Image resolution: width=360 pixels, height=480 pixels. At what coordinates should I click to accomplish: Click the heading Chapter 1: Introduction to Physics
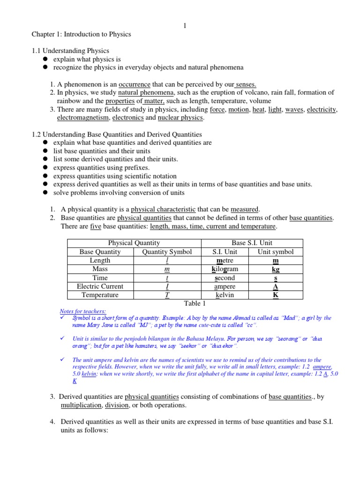(x=81, y=34)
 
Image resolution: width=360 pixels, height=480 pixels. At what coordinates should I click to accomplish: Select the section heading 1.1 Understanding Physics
(x=70, y=51)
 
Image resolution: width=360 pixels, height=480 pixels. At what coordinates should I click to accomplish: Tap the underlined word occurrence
(x=135, y=84)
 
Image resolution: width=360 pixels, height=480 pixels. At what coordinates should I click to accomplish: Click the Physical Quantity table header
(x=134, y=243)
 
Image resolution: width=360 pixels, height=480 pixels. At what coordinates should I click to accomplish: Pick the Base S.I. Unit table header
(x=252, y=243)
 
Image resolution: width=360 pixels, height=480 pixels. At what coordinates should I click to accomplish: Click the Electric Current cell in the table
(x=100, y=286)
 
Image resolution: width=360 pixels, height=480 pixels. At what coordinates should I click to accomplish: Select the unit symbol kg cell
(x=276, y=269)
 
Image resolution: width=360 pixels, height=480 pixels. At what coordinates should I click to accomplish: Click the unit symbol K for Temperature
(x=276, y=295)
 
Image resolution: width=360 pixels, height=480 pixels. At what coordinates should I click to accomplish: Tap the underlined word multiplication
(x=81, y=405)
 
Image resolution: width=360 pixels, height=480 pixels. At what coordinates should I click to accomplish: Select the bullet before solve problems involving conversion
(x=46, y=193)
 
